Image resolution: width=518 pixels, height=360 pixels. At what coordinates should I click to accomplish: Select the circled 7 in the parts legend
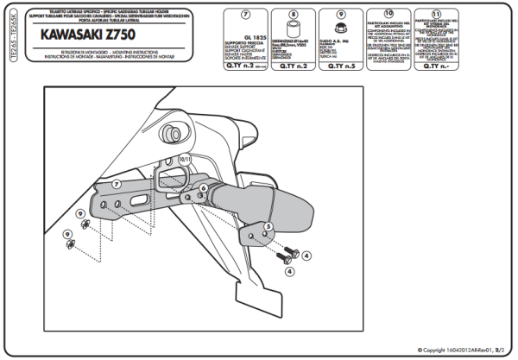pyautogui.click(x=244, y=15)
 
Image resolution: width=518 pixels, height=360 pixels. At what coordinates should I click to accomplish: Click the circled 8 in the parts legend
pyautogui.click(x=292, y=15)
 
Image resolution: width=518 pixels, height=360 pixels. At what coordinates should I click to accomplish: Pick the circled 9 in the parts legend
pyautogui.click(x=340, y=15)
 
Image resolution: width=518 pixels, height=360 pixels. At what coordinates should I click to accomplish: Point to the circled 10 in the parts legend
pyautogui.click(x=388, y=15)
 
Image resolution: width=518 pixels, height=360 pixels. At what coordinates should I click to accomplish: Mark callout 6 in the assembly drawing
pyautogui.click(x=203, y=187)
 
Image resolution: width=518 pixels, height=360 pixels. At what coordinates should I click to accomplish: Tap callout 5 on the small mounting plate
pyautogui.click(x=268, y=226)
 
